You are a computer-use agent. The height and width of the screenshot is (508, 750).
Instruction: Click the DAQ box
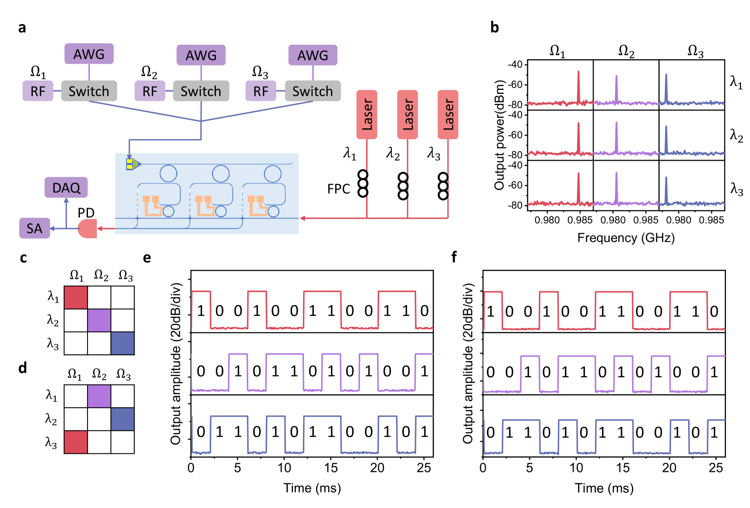tap(66, 188)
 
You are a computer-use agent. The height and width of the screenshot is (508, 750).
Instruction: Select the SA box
tap(34, 229)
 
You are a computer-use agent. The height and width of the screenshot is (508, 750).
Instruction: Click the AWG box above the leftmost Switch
tap(89, 54)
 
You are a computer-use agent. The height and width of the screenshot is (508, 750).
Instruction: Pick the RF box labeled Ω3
tap(261, 91)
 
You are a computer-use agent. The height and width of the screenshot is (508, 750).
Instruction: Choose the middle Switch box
tap(201, 91)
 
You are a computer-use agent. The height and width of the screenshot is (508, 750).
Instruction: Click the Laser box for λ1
tap(367, 115)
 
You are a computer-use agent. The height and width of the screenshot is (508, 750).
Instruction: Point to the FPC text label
tap(338, 189)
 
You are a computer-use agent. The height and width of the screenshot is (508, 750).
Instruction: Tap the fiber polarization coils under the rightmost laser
tap(443, 186)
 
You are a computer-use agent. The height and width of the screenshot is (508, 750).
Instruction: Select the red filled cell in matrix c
tap(76, 297)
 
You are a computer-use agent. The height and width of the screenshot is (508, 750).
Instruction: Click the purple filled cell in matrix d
tap(99, 396)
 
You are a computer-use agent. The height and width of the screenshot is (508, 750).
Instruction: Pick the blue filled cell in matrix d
tap(123, 419)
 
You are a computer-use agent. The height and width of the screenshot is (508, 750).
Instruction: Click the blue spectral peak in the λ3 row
tap(666, 190)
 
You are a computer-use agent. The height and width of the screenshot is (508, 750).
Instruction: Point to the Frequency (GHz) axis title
tap(626, 238)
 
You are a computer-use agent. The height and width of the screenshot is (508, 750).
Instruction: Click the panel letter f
tap(454, 257)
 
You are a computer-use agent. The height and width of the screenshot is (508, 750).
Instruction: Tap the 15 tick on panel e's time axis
tap(331, 468)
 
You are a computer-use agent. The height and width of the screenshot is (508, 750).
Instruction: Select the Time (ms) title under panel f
tap(604, 488)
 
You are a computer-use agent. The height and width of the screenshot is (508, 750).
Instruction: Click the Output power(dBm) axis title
tap(499, 135)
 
